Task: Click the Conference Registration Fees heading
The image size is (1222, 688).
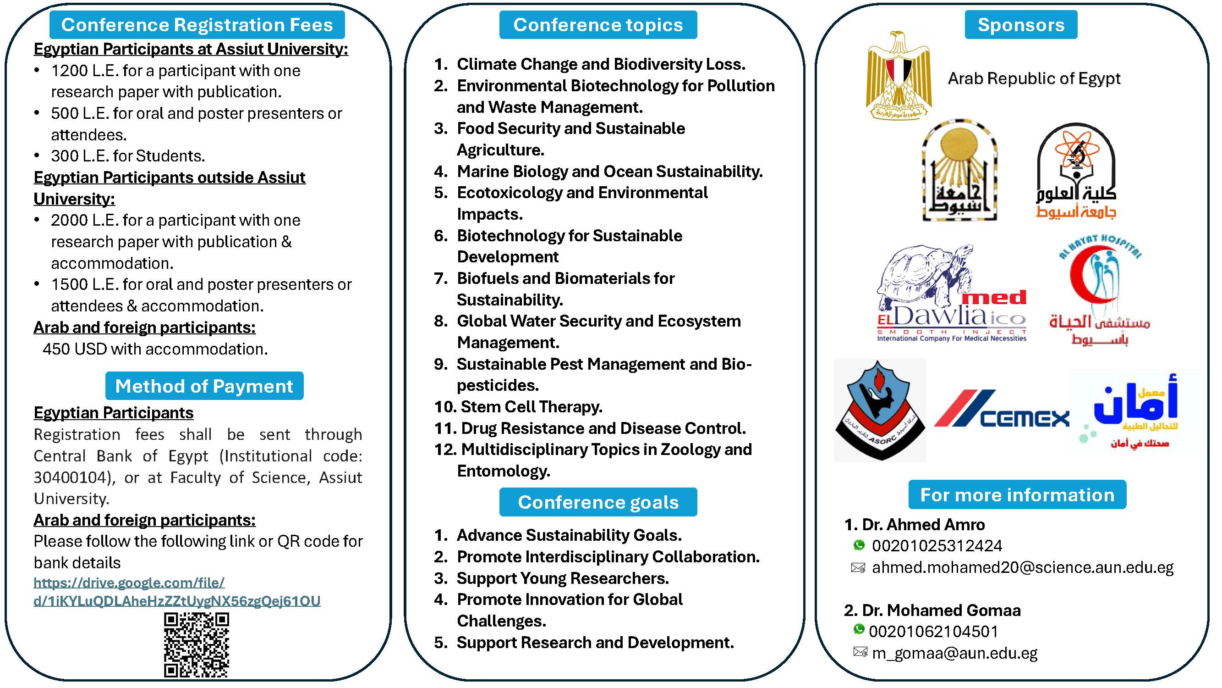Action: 197,25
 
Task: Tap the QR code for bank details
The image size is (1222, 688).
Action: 197,644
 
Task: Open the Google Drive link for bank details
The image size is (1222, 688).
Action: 176,592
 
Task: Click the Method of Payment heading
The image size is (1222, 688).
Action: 204,386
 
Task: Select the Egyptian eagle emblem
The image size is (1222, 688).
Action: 899,75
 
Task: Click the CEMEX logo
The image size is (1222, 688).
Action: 1002,410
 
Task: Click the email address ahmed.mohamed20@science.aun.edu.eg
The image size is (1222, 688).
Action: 1022,567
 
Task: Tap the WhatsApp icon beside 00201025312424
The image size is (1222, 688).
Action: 859,545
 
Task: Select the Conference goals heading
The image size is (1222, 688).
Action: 598,502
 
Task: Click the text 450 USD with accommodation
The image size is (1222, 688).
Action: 155,349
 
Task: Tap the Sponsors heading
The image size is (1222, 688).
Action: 1021,25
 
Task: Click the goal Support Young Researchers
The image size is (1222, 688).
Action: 563,578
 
